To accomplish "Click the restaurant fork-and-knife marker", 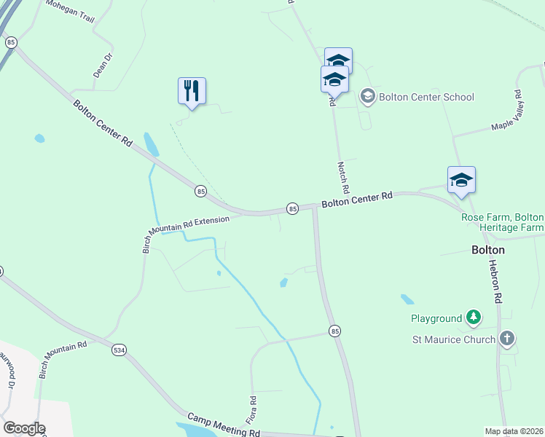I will click(192, 91).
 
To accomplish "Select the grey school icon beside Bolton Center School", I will click(368, 96).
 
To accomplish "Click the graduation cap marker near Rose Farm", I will click(460, 180).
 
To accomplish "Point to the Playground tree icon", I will click(474, 318).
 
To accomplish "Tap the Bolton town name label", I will click(487, 249).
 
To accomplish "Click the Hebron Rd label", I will click(495, 281).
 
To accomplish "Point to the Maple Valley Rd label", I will click(508, 111).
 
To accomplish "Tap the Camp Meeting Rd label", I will click(224, 425).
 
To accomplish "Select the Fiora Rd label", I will click(252, 410).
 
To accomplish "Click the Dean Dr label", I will click(103, 65).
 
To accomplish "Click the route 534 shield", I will click(119, 350).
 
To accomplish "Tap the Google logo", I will click(24, 428).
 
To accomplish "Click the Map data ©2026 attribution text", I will click(514, 431).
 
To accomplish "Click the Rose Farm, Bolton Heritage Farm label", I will click(503, 223).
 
